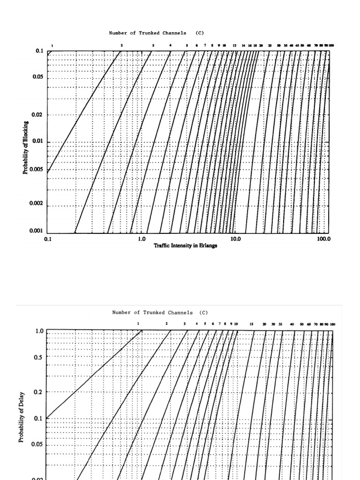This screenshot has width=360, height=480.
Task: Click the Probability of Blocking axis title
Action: coord(26,148)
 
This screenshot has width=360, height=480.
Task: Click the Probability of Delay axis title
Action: coord(21,418)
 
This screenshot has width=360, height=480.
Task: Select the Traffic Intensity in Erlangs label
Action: coord(186,246)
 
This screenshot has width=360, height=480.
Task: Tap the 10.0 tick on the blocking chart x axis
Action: coord(235,239)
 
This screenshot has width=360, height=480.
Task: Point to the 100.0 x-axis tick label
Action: coord(323,239)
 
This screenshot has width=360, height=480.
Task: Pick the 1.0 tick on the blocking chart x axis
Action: coord(142,239)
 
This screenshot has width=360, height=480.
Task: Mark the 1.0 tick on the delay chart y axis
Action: coord(39,331)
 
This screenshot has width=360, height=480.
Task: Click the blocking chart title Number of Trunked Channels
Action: coord(157,33)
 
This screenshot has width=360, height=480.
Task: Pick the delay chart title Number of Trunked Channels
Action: coord(160,313)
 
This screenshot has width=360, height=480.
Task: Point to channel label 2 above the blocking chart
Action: coord(121,45)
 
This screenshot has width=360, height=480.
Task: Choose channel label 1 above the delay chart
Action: coord(138,323)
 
